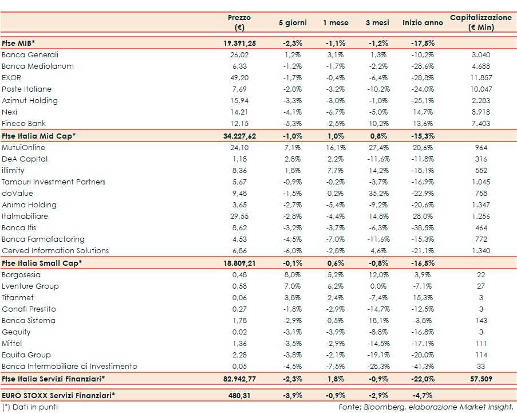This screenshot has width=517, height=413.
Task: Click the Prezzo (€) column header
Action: [239, 22]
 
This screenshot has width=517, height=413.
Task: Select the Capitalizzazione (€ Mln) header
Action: [481, 22]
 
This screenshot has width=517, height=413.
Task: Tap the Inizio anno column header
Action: [423, 23]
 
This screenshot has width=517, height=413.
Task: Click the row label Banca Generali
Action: [30, 55]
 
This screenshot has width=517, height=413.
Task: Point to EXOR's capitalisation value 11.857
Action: [481, 78]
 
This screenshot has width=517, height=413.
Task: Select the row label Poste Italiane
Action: [27, 89]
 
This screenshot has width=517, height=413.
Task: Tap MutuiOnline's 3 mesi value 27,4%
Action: [377, 148]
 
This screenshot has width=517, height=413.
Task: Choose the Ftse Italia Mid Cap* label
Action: [39, 136]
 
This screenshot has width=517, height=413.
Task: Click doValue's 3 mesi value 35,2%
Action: [377, 194]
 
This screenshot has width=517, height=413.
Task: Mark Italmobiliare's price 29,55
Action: [239, 217]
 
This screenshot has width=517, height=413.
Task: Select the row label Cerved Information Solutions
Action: [56, 251]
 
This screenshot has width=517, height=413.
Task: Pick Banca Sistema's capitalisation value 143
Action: [481, 321]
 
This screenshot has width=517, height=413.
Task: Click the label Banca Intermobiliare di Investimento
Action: [69, 367]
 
